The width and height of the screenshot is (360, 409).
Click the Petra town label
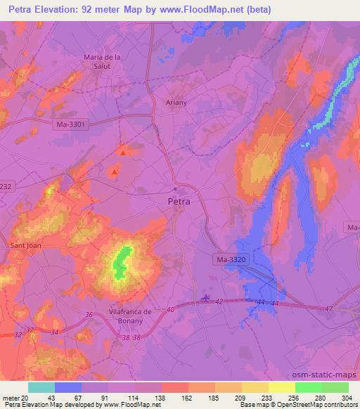coord(180,202)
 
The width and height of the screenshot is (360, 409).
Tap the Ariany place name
coord(176,102)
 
